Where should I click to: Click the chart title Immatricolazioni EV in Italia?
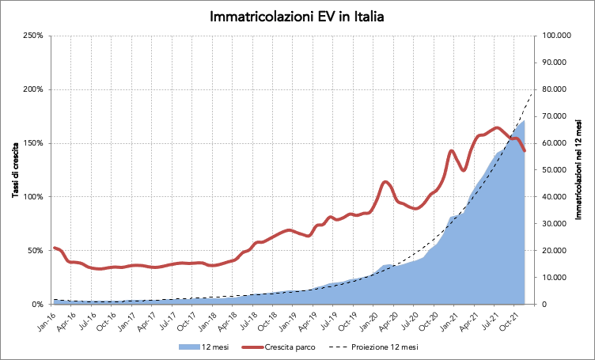click(297, 16)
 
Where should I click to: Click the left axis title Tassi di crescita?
click(15, 169)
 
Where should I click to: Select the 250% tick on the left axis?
click(33, 36)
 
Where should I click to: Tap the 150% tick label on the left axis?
click(33, 143)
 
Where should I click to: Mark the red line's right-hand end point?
click(525, 151)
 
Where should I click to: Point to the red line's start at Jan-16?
click(54, 248)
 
